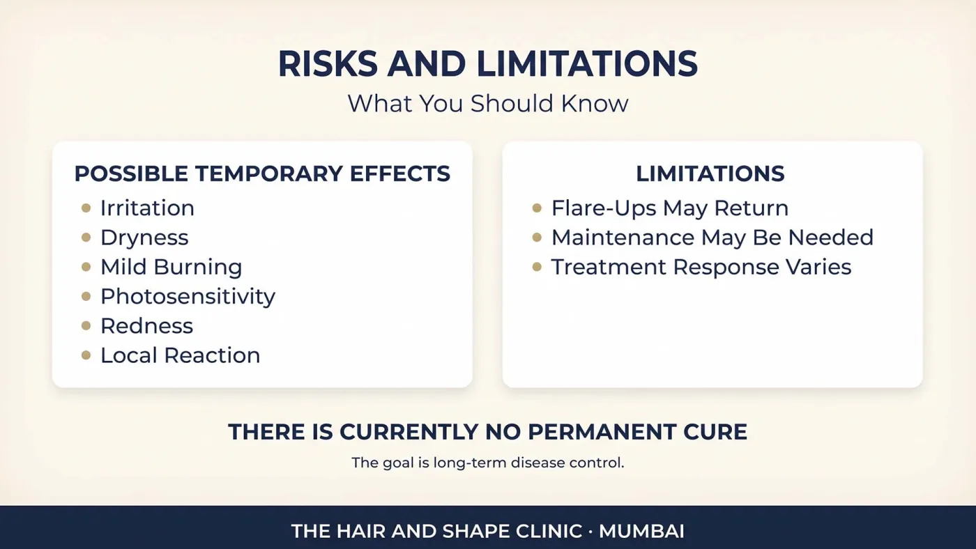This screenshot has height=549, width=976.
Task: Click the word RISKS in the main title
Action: [x=328, y=64]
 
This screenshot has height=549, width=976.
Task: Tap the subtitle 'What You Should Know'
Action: [x=487, y=104]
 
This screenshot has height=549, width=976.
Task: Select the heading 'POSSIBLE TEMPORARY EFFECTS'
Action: [x=262, y=173]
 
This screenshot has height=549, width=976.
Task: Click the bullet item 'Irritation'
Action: [x=147, y=208]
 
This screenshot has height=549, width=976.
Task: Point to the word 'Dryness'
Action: [x=145, y=238]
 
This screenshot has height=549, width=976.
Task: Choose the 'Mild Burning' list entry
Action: [x=171, y=267]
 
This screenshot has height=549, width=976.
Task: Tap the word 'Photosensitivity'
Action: [x=188, y=297]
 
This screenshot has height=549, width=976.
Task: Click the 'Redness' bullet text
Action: [x=147, y=325]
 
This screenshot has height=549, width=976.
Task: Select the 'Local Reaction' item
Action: [x=181, y=355]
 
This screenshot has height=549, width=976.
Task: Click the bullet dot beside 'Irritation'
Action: [x=86, y=208]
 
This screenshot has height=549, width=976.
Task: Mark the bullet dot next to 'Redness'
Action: [x=86, y=325]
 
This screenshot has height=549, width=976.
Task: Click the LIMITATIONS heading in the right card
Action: [x=710, y=173]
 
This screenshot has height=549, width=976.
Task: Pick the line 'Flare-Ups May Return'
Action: [x=670, y=208]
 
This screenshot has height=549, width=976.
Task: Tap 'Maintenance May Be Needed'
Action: [x=712, y=238]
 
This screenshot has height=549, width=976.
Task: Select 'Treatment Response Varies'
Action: [x=701, y=267]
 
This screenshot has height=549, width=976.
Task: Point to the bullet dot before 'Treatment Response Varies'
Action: [x=537, y=267]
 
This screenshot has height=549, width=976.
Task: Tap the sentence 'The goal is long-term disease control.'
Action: [x=487, y=463]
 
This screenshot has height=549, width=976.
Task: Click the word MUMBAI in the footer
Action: [x=641, y=531]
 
